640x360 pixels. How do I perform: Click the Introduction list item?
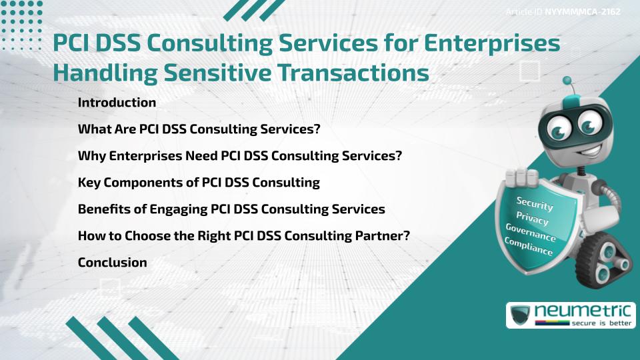pyautogui.click(x=117, y=103)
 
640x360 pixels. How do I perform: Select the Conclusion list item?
pyautogui.click(x=112, y=263)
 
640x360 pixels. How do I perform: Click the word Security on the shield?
pyautogui.click(x=534, y=204)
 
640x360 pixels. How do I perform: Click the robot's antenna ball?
pyautogui.click(x=567, y=81)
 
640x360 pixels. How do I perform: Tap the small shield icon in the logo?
pyautogui.click(x=520, y=315)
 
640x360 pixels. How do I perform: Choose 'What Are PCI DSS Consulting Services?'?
pyautogui.click(x=199, y=129)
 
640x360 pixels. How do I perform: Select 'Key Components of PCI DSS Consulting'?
pyautogui.click(x=199, y=183)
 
